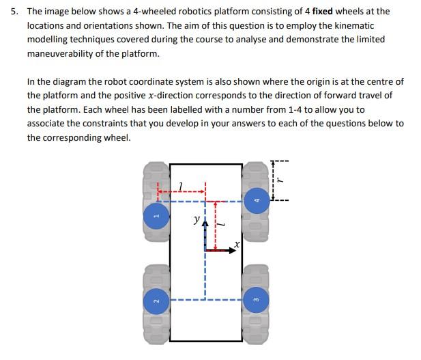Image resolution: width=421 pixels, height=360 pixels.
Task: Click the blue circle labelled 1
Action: pos(156,217)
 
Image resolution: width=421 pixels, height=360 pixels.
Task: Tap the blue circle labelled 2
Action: pos(156,301)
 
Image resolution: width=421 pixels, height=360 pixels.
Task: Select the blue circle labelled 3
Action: pos(255,301)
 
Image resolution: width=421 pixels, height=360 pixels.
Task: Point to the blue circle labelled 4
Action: pos(255,199)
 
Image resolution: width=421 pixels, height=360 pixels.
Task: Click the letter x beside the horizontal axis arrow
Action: pos(236,243)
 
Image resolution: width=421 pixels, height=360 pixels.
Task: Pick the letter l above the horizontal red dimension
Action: pos(179,186)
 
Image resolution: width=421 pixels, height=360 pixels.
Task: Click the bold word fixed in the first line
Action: pos(323,11)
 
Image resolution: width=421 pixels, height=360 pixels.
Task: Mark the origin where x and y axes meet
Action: pos(205,251)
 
